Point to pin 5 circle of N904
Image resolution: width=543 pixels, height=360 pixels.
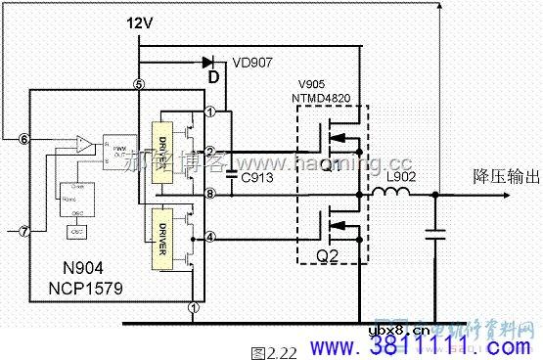[x=139, y=85]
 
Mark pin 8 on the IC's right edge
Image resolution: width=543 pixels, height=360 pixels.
[x=210, y=194]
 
